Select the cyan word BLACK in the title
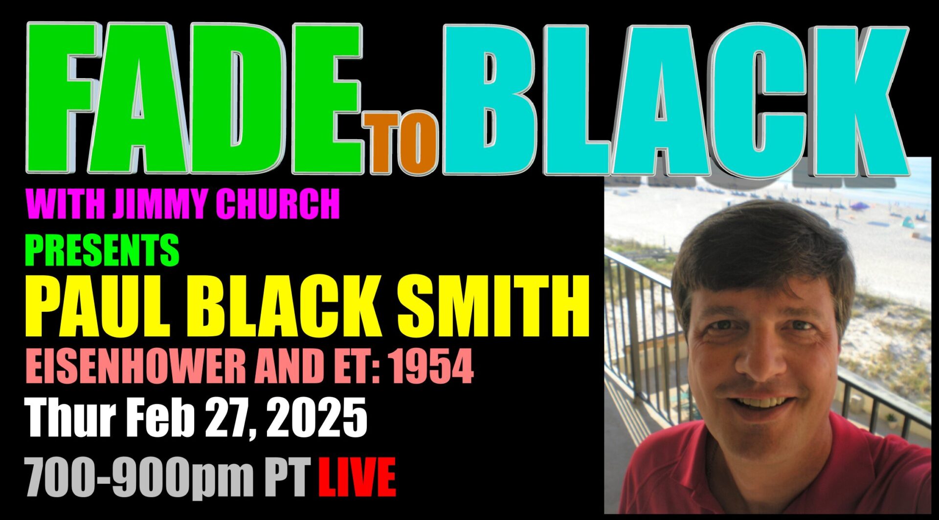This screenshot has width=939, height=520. (x=675, y=100)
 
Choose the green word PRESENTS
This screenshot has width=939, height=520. (x=102, y=250)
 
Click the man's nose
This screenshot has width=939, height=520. (x=761, y=362)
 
